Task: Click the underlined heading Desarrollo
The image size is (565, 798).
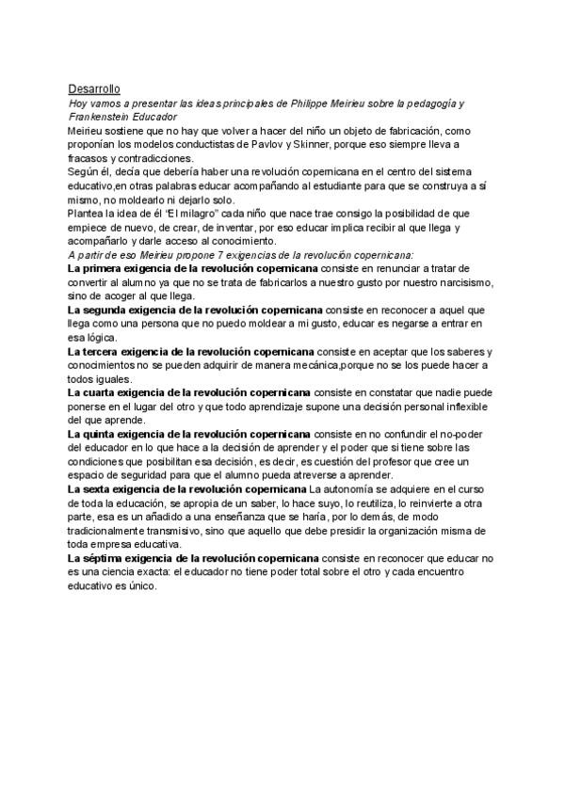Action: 94,88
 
